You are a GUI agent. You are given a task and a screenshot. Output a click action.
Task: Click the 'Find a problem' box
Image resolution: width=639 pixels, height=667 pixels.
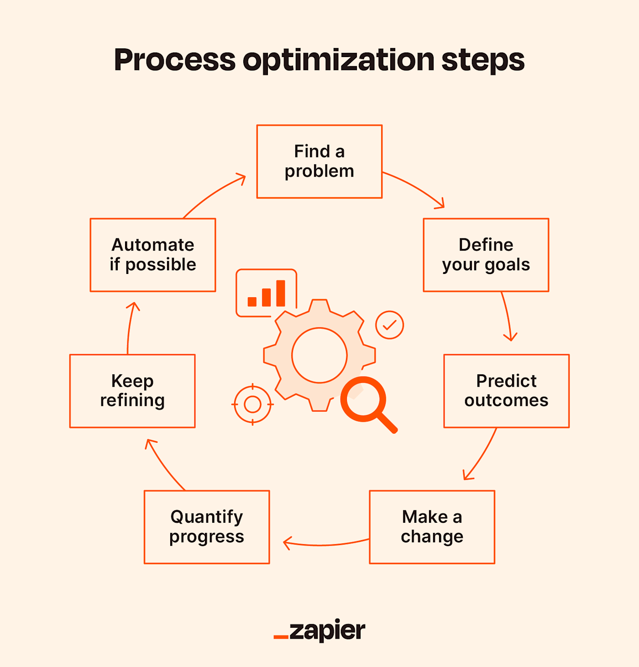pyautogui.click(x=319, y=161)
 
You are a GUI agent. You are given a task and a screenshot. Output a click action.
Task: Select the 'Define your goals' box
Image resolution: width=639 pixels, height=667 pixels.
pyautogui.click(x=486, y=255)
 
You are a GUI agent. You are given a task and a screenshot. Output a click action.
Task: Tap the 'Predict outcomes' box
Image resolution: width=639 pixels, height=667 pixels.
pyautogui.click(x=506, y=391)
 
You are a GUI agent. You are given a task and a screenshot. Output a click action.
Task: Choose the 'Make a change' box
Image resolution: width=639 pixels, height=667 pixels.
pyautogui.click(x=432, y=527)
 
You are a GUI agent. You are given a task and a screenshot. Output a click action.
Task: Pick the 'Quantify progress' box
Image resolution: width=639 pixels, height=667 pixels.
pyautogui.click(x=207, y=527)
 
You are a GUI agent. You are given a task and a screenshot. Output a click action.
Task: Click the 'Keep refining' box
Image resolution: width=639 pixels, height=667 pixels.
pyautogui.click(x=132, y=391)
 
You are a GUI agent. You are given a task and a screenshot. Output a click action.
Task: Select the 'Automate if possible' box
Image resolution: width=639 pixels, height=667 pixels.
pyautogui.click(x=153, y=255)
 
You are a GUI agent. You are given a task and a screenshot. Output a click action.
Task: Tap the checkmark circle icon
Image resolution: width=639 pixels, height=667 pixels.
pyautogui.click(x=389, y=325)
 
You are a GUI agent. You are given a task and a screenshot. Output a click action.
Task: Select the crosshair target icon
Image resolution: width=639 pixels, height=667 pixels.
pyautogui.click(x=252, y=404)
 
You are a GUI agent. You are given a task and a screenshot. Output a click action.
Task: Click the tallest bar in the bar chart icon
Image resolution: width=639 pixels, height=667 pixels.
pyautogui.click(x=281, y=293)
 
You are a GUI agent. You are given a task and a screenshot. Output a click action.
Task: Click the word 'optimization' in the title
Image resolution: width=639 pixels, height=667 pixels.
pyautogui.click(x=338, y=60)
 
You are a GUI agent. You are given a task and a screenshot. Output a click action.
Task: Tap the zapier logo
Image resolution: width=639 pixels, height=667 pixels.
pyautogui.click(x=319, y=631)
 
